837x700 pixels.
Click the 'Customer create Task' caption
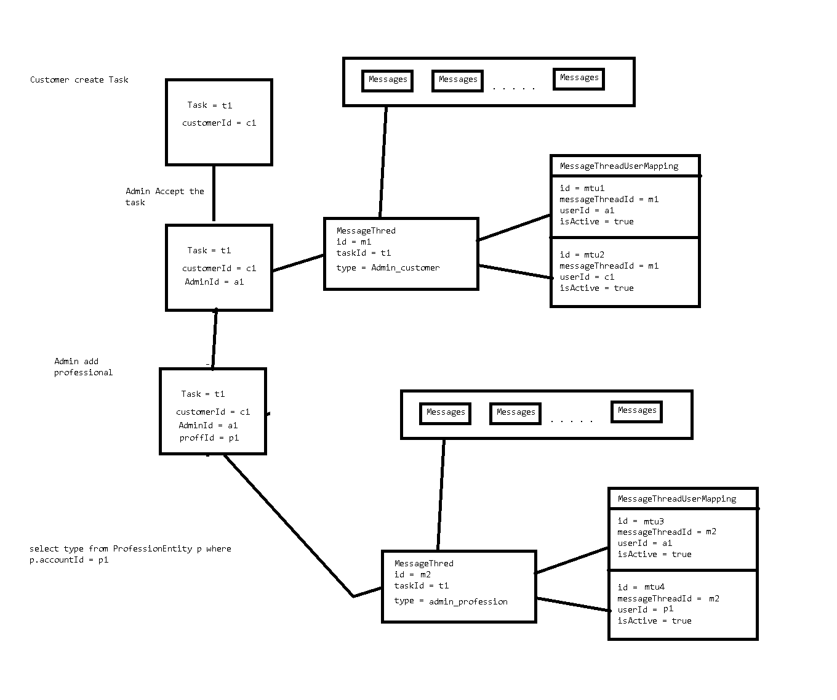pyautogui.click(x=79, y=79)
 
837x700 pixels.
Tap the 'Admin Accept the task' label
pyautogui.click(x=164, y=197)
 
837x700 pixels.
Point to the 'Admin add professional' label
pyautogui.click(x=83, y=367)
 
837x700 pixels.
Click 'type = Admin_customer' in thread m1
pyautogui.click(x=388, y=267)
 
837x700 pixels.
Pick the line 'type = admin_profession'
pyautogui.click(x=451, y=601)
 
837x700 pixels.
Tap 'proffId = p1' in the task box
pyautogui.click(x=209, y=437)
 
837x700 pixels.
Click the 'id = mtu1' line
pyautogui.click(x=582, y=188)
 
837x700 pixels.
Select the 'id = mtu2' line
pyautogui.click(x=582, y=254)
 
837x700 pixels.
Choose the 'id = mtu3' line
pyautogui.click(x=640, y=521)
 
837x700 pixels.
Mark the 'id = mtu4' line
pyautogui.click(x=641, y=587)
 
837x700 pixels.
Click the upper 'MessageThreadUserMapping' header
pyautogui.click(x=619, y=166)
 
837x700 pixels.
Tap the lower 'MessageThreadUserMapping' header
pyautogui.click(x=676, y=499)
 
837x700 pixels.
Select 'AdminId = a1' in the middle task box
pyautogui.click(x=214, y=282)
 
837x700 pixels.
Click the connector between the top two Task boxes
pyautogui.click(x=214, y=193)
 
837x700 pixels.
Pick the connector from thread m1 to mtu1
pyautogui.click(x=514, y=228)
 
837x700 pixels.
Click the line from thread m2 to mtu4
pyautogui.click(x=572, y=604)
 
